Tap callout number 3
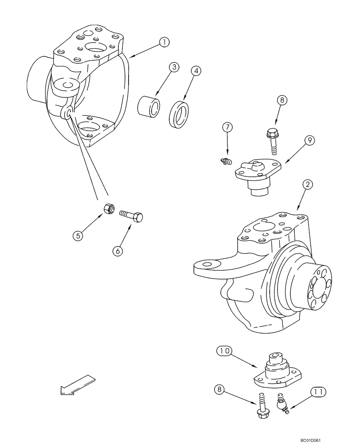tap(174, 67)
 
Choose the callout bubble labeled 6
tap(117, 250)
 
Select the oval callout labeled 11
tap(317, 392)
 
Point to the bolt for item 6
tap(131, 216)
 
